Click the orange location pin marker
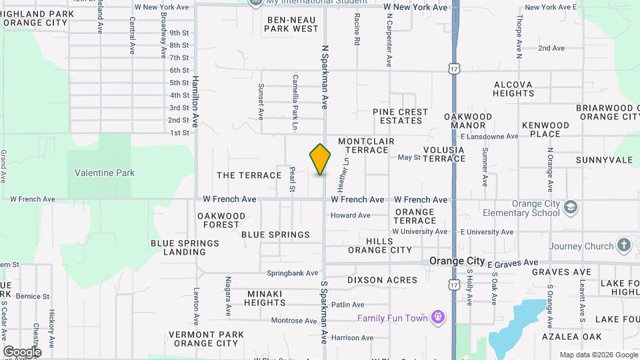321,159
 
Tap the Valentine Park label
105,173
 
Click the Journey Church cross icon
624,245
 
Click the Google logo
21,352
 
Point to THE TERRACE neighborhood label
249,175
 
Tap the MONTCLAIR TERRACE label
366,145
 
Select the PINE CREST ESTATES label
400,116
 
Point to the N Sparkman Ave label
325,77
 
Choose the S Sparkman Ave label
324,312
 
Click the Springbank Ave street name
292,273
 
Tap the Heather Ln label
344,171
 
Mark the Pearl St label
292,179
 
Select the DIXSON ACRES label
382,281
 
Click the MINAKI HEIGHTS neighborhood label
266,297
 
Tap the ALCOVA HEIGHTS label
513,89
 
